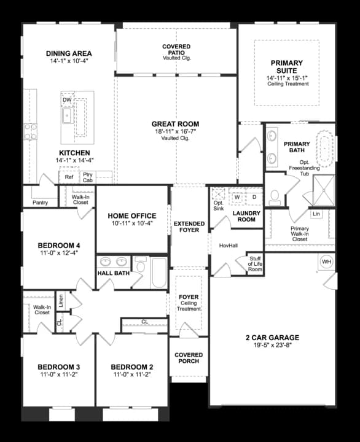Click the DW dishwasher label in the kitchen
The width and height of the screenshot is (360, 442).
click(x=68, y=99)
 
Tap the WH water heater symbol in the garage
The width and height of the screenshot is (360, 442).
click(x=326, y=262)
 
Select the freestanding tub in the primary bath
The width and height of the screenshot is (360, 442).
click(x=326, y=148)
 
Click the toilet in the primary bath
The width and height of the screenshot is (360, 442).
click(x=275, y=198)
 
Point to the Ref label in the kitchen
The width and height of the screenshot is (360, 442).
click(x=69, y=177)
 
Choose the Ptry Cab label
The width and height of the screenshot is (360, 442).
click(x=88, y=177)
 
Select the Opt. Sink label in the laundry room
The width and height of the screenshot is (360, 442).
click(x=219, y=205)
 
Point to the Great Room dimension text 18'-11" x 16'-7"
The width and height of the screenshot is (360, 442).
click(x=175, y=132)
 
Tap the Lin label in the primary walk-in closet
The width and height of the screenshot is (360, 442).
click(x=316, y=214)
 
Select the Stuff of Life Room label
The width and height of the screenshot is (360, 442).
click(x=255, y=265)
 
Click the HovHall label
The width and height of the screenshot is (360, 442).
click(x=228, y=246)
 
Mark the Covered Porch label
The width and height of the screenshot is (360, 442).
click(x=189, y=359)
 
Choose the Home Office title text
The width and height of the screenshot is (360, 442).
click(x=131, y=216)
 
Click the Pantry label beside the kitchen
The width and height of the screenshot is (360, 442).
click(x=40, y=202)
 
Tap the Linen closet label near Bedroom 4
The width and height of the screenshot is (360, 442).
click(x=60, y=300)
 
